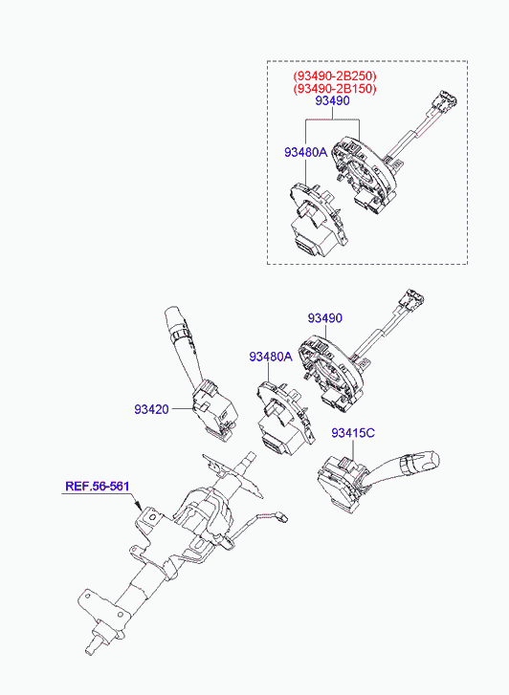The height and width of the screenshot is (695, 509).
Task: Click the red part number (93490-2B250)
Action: [335, 76]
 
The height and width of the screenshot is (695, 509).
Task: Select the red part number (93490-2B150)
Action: [335, 89]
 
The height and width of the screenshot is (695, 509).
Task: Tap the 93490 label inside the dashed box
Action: [332, 101]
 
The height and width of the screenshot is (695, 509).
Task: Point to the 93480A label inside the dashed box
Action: [306, 152]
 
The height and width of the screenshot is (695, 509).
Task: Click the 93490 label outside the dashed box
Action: [325, 318]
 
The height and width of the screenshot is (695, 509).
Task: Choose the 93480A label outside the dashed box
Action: [271, 357]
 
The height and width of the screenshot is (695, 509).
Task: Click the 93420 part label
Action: [152, 409]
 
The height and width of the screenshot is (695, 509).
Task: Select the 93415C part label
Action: [353, 433]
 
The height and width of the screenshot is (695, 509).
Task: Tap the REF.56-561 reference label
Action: [98, 487]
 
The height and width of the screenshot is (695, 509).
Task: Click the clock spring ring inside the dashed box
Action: [363, 175]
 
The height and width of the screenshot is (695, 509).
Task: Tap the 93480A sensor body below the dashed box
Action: [284, 418]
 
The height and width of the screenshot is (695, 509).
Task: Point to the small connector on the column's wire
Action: [281, 516]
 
